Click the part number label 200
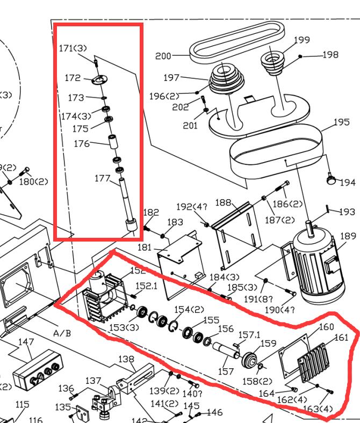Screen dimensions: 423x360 tap(163, 56)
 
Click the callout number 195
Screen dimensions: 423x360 tap(341, 122)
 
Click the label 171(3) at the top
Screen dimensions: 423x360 tap(73, 49)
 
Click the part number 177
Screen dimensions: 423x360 tap(102, 178)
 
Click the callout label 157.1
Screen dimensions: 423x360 tap(249, 335)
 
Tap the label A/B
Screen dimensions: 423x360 tap(62, 333)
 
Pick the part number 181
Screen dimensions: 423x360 tap(145, 247)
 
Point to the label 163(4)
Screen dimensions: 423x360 tap(319, 409)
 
